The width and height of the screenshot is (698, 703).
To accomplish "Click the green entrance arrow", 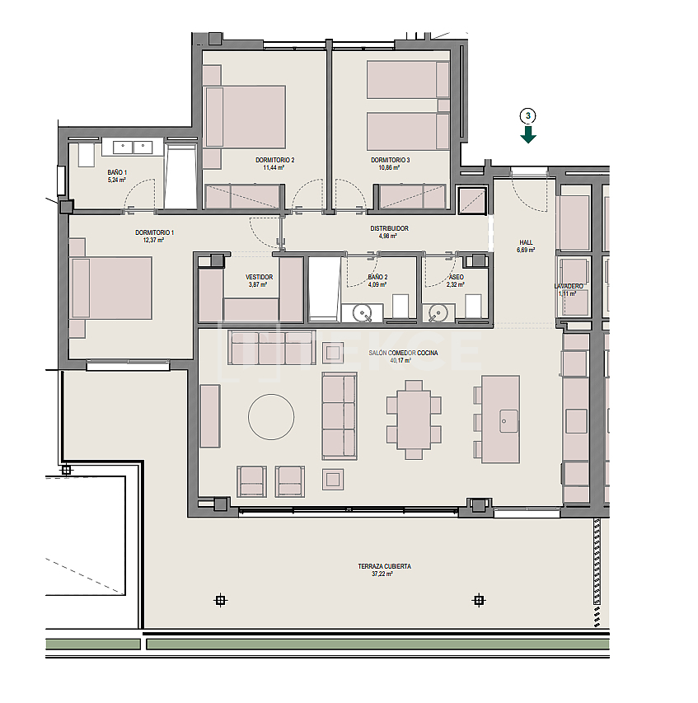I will click(x=528, y=134).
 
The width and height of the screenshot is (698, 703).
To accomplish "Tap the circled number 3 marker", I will click(x=528, y=115).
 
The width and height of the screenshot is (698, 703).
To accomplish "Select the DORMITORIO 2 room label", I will click(x=275, y=160).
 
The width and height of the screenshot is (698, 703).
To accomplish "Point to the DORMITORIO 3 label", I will click(x=390, y=160).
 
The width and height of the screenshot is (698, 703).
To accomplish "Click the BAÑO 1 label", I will click(x=117, y=172).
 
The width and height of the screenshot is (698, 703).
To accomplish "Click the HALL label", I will click(x=526, y=242).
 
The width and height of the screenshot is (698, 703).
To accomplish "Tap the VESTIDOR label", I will click(x=259, y=277).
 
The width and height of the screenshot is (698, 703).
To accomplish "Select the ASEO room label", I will click(x=456, y=277).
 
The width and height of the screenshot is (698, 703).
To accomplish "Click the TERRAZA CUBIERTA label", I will click(x=384, y=566).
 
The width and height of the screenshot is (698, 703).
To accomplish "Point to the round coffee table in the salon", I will click(x=271, y=417).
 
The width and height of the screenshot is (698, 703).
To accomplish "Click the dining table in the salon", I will click(x=414, y=419).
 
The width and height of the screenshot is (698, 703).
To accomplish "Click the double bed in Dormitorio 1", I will click(x=112, y=288).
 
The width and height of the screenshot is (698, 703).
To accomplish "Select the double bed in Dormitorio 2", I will click(x=245, y=116).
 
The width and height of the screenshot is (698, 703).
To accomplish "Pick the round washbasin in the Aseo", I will click(x=438, y=313).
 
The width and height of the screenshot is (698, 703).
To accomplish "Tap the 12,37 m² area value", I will click(x=155, y=241).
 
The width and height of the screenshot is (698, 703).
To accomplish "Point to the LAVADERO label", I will click(x=569, y=286).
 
